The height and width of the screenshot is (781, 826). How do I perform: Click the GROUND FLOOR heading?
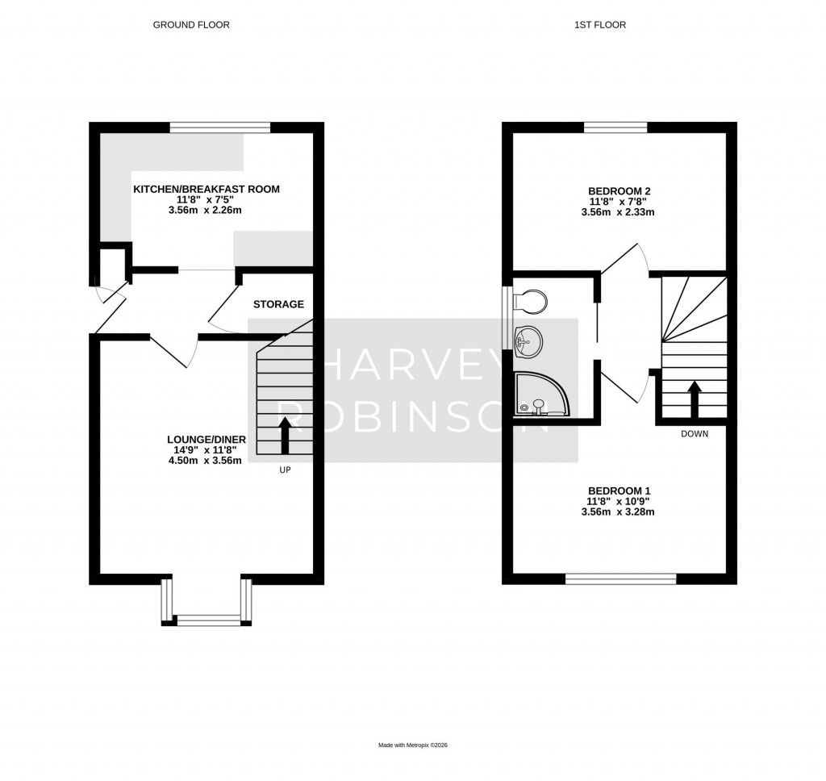(191, 25)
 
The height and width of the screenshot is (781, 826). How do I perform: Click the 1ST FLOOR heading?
(600, 25)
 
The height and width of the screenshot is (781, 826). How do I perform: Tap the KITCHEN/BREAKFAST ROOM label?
(206, 190)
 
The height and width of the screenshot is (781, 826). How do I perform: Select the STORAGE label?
(278, 304)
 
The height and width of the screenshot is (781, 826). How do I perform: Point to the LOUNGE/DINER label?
(206, 439)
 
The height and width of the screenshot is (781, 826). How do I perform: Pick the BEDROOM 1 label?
(619, 491)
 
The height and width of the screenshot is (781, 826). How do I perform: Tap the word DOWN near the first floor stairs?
(695, 433)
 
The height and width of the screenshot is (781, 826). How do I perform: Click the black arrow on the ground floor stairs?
(284, 436)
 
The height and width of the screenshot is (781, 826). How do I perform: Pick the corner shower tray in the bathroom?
(540, 395)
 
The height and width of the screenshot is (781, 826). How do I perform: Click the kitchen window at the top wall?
(219, 127)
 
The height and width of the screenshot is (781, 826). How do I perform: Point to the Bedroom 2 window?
(615, 127)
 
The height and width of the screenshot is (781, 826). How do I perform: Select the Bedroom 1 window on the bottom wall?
(620, 578)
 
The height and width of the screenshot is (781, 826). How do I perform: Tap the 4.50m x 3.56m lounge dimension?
(206, 461)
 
